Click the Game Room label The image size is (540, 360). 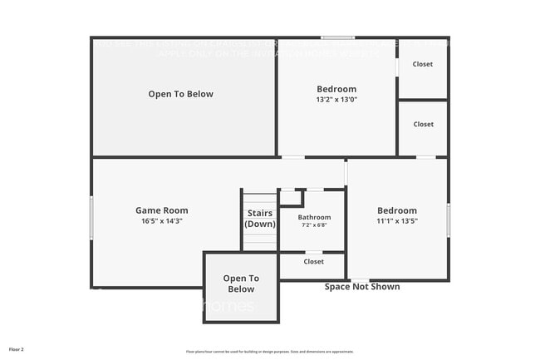(x=161, y=210)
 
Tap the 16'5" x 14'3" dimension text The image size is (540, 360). (x=161, y=221)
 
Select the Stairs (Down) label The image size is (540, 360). (x=260, y=219)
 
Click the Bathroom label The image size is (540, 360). (x=313, y=218)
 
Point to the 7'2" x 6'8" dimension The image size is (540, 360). (x=313, y=225)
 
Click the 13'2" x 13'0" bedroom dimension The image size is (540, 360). (x=336, y=100)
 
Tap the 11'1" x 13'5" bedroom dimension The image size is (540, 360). (x=396, y=221)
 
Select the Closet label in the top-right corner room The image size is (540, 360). (x=423, y=64)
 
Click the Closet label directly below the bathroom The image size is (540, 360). (x=313, y=261)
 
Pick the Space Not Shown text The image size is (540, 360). (x=361, y=287)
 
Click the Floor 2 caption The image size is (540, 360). (x=17, y=349)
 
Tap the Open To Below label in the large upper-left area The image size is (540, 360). (x=180, y=94)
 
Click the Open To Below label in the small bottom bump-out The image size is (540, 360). (x=241, y=284)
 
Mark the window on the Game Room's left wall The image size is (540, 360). (x=91, y=219)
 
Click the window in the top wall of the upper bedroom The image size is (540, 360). (x=338, y=37)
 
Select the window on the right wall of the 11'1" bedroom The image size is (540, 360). (x=449, y=220)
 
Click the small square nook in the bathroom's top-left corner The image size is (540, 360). (x=290, y=198)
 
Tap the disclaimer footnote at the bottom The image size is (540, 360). (x=269, y=352)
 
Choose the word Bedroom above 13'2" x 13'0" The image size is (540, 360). (x=336, y=89)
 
